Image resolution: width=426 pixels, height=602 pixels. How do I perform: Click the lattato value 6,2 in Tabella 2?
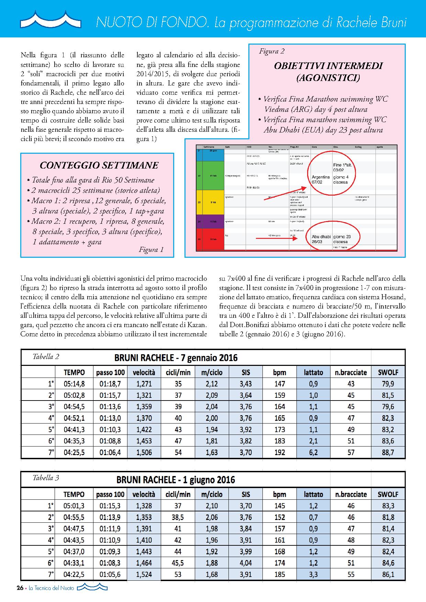(313, 452)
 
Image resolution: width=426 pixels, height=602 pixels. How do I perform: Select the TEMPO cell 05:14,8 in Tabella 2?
(74, 384)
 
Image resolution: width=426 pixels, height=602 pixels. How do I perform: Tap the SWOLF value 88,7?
(388, 452)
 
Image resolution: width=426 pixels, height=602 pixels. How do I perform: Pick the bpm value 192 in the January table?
(280, 452)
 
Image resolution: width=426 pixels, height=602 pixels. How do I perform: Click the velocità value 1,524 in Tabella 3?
(144, 574)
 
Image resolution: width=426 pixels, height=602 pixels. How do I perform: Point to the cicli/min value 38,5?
(178, 517)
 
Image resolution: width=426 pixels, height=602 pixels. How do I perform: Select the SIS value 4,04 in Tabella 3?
(246, 563)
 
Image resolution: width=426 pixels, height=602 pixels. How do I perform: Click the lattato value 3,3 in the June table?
(313, 574)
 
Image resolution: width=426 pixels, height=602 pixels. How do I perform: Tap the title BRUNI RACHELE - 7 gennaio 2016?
(176, 358)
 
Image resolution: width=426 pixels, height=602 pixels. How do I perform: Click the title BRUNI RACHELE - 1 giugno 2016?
(176, 479)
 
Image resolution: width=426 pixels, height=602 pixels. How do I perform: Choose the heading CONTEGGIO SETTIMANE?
(99, 165)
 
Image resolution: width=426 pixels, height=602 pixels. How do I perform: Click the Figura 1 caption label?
(151, 250)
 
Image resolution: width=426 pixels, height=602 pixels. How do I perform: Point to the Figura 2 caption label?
(272, 51)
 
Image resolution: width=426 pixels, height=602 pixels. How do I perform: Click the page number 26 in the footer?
(20, 598)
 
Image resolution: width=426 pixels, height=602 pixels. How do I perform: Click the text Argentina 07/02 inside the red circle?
(321, 180)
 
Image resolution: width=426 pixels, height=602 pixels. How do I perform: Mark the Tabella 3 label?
(46, 478)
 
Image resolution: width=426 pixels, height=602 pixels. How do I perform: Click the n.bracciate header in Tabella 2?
(351, 372)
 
